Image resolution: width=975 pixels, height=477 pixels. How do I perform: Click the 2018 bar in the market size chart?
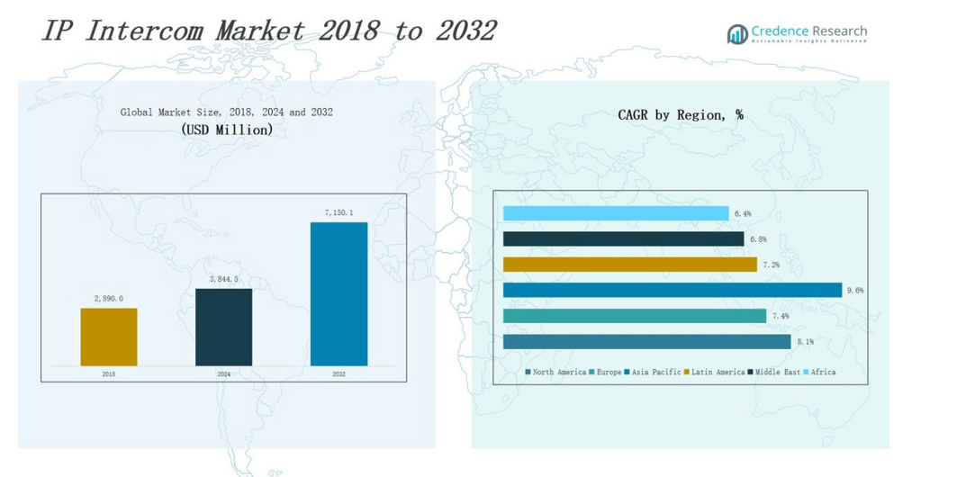click(x=109, y=337)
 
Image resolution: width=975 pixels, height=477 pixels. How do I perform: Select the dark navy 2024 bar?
click(x=223, y=327)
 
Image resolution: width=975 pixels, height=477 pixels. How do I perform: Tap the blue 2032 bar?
click(x=339, y=293)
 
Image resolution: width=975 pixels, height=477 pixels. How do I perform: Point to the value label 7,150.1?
click(x=339, y=213)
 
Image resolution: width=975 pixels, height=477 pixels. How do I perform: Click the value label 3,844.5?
click(x=223, y=280)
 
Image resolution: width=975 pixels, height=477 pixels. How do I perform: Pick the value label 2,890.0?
click(x=109, y=299)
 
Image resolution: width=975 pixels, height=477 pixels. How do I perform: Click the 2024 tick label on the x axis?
click(x=223, y=374)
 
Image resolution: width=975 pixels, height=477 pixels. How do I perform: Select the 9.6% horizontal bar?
click(x=672, y=290)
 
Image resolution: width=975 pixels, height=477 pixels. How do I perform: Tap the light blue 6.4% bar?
click(x=616, y=213)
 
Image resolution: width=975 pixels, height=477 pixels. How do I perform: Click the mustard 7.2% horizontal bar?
click(x=629, y=265)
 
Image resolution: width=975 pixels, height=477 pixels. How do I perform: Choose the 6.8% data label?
click(x=758, y=239)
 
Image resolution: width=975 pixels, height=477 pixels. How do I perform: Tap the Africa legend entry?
click(x=822, y=373)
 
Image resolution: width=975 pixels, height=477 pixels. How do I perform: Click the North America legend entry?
click(x=558, y=373)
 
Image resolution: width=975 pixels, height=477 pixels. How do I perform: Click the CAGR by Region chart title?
click(x=680, y=115)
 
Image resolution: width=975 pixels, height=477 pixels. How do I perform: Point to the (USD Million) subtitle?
click(x=227, y=130)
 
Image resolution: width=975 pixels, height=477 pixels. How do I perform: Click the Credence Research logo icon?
click(x=737, y=34)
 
